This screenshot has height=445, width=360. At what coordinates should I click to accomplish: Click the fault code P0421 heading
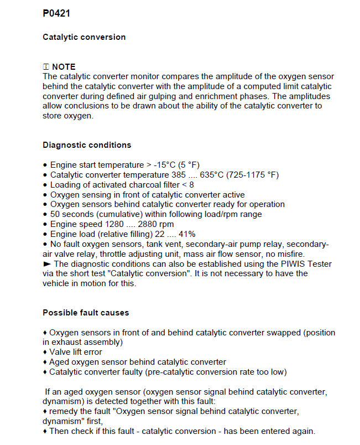[x=56, y=13]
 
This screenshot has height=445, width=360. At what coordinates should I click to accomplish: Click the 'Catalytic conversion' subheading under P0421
[x=84, y=37]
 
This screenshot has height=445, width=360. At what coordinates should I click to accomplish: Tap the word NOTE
[x=64, y=67]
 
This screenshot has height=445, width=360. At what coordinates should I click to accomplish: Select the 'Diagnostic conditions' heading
[x=87, y=145]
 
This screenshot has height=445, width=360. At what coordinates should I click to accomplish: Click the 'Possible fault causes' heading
[x=86, y=313]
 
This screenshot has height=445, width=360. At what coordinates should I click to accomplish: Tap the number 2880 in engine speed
[x=145, y=224]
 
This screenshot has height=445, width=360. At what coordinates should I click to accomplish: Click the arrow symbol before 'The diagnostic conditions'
[x=47, y=263]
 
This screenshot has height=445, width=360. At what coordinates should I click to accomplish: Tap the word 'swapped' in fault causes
[x=281, y=333]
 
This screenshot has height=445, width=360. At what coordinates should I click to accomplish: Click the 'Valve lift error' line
[x=76, y=351]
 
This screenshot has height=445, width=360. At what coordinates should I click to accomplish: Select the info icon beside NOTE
[x=46, y=67]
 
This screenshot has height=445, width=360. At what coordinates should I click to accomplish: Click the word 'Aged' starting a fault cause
[x=59, y=361]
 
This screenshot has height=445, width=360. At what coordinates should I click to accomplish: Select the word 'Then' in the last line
[x=60, y=431]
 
